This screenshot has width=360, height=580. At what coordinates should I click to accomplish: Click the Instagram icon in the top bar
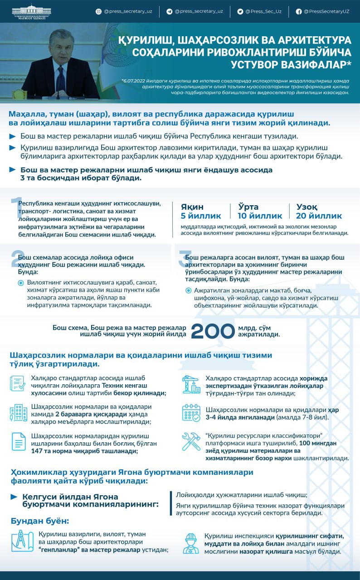tap(98, 11)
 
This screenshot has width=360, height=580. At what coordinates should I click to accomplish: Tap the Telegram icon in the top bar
tap(170, 11)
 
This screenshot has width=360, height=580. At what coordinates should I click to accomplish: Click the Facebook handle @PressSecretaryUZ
tap(326, 11)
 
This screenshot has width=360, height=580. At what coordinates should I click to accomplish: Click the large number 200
tap(213, 331)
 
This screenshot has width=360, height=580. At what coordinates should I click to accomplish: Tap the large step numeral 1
tap(16, 208)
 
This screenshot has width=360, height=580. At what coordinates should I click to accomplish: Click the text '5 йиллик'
tap(201, 216)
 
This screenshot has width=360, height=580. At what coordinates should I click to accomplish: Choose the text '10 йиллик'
tap(260, 216)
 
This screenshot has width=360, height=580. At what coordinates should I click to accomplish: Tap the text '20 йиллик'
tap(319, 216)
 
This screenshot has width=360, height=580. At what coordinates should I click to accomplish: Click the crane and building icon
tap(191, 384)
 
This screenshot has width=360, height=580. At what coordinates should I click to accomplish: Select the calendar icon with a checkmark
tap(191, 413)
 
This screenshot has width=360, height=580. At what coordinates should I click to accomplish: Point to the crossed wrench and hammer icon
tap(191, 442)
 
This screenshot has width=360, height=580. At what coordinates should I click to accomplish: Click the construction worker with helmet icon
tap(191, 543)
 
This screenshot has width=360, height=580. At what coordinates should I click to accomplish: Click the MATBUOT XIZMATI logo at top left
tap(32, 11)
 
